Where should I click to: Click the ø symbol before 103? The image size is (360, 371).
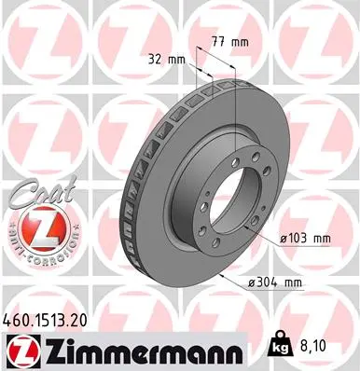(284, 238)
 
